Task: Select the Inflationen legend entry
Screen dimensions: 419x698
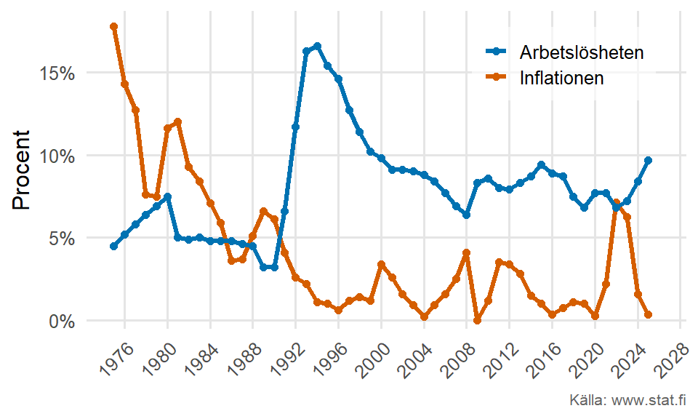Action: (x=561, y=78)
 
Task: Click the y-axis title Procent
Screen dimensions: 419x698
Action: (x=23, y=170)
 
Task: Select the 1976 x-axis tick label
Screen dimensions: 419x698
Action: (x=114, y=354)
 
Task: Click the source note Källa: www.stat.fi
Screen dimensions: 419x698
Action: (x=629, y=400)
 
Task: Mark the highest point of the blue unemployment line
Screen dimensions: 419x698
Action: (x=317, y=46)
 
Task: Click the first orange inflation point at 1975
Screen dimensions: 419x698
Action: (x=114, y=26)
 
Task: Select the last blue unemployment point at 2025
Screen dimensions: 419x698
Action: (x=649, y=160)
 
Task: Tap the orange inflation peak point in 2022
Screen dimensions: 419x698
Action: (x=617, y=202)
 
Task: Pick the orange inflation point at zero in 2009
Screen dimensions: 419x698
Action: (x=477, y=320)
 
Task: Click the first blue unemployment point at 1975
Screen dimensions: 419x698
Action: (x=114, y=247)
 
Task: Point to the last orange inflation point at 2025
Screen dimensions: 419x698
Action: (x=649, y=315)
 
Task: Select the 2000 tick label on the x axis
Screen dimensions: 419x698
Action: (x=371, y=354)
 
